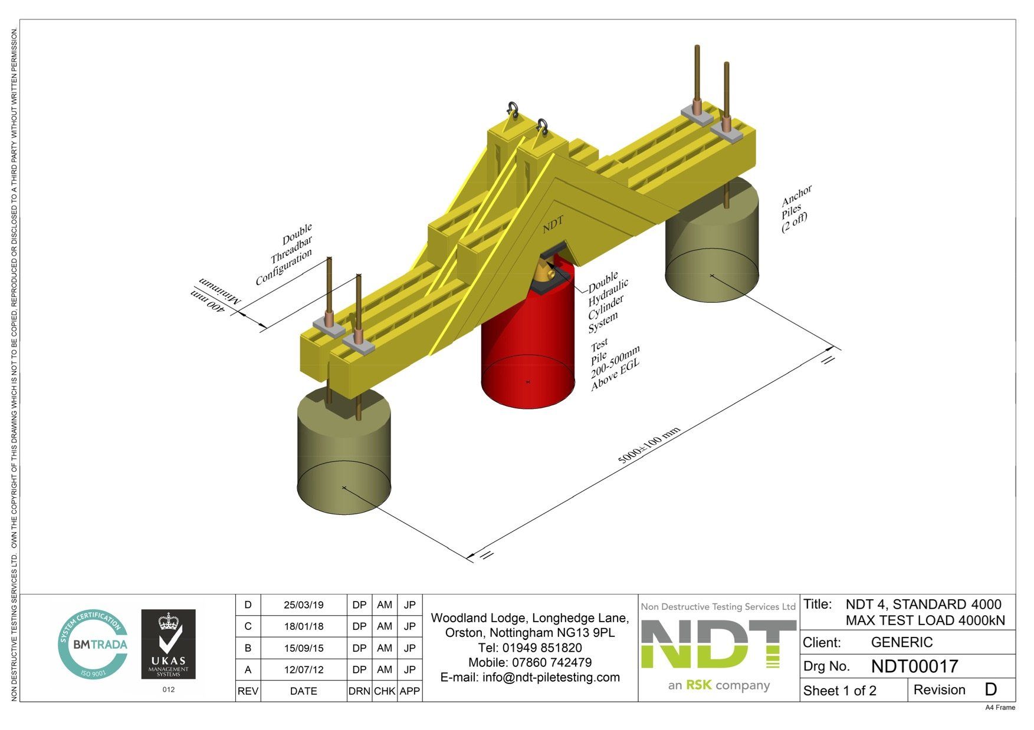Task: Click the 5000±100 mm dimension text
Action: (649, 445)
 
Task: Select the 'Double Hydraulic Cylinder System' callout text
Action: (608, 302)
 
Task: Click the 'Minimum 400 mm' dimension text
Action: (216, 296)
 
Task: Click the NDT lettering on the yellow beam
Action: (553, 224)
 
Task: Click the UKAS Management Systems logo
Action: (168, 644)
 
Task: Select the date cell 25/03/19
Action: (303, 605)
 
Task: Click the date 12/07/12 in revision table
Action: (303, 670)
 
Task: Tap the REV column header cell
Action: (248, 691)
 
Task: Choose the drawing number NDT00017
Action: (914, 666)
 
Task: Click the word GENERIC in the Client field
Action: (901, 642)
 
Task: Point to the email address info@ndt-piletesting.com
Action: (530, 678)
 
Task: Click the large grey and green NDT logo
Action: (718, 645)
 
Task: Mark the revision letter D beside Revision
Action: (990, 690)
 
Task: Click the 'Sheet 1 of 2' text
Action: (839, 691)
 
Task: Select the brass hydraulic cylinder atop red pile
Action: (544, 272)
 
